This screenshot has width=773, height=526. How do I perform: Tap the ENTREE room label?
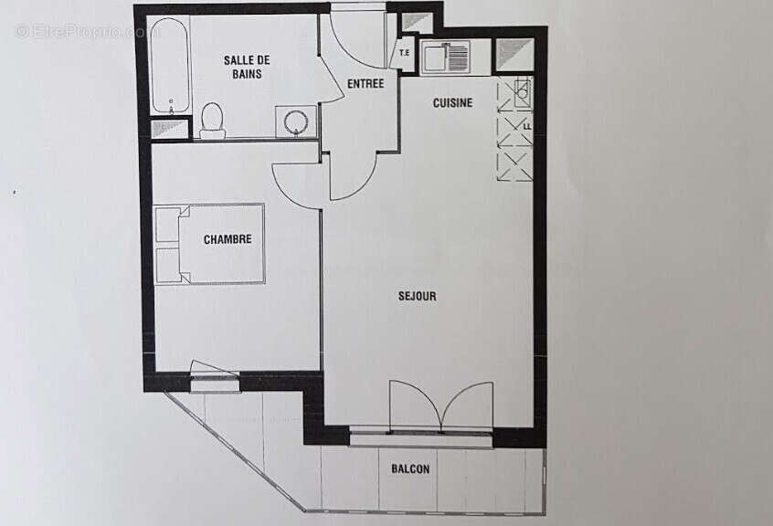(365, 84)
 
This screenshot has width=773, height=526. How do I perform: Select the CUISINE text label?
(452, 102)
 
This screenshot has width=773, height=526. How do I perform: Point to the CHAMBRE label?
(228, 239)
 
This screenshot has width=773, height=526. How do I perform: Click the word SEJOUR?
(417, 296)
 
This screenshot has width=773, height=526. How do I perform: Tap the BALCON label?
(410, 468)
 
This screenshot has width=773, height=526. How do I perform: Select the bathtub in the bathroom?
(170, 66)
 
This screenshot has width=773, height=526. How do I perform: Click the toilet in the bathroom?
(212, 120)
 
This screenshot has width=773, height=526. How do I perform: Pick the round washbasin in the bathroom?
(296, 121)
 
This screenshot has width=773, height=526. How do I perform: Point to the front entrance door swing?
(356, 37)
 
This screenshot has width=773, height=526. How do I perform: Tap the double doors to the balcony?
(441, 405)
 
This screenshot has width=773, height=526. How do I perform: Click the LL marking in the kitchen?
(526, 125)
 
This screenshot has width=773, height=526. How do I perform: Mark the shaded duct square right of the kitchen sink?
(514, 55)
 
